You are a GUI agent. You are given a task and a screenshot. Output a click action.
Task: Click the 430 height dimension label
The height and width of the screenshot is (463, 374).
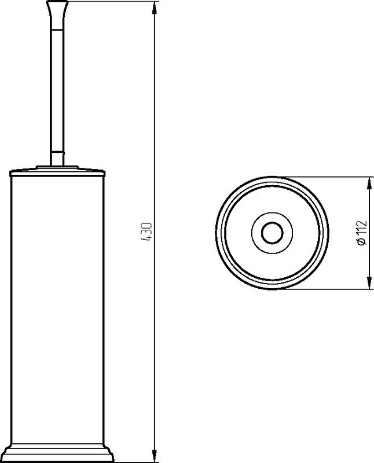pyautogui.click(x=148, y=232)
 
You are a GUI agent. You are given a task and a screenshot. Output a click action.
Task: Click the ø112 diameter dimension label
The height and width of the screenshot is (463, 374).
pyautogui.click(x=362, y=233)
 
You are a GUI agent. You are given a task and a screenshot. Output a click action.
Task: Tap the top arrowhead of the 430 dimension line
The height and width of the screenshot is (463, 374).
pyautogui.click(x=154, y=8)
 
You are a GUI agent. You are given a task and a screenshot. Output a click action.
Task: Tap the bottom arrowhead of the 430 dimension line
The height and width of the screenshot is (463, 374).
pyautogui.click(x=154, y=455)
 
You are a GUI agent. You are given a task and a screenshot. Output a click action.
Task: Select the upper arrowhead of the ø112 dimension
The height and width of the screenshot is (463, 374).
pyautogui.click(x=369, y=183)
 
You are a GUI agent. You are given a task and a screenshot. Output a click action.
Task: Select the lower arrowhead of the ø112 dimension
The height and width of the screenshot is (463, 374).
pyautogui.click(x=369, y=282)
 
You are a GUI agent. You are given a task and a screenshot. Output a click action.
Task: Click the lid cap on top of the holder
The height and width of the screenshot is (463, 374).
pyautogui.click(x=57, y=171)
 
